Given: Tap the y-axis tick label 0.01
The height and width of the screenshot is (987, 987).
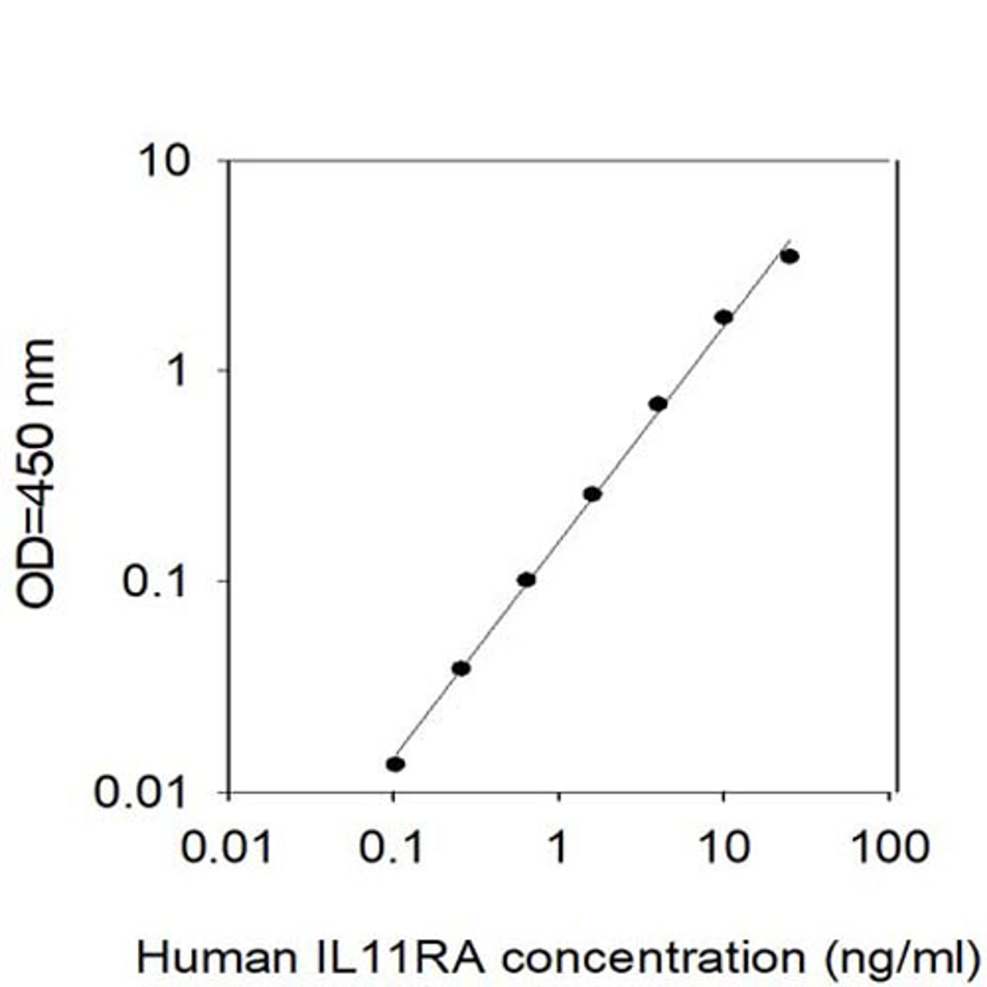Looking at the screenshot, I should click(140, 793).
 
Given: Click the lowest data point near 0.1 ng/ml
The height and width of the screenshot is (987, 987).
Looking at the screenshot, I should click(395, 764).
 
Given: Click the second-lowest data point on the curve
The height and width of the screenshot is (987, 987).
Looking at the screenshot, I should click(461, 668).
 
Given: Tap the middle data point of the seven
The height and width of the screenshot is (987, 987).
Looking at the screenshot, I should click(593, 494).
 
